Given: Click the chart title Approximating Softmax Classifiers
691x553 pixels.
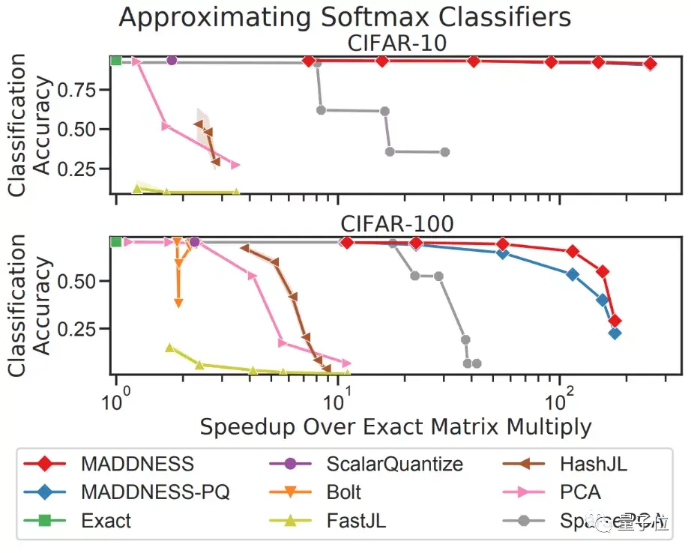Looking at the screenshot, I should pyautogui.click(x=345, y=16).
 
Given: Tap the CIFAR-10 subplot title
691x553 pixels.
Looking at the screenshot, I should pyautogui.click(x=397, y=43).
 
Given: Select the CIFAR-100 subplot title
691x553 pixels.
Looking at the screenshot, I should pyautogui.click(x=397, y=224).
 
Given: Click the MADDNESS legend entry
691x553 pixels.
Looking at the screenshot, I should pyautogui.click(x=137, y=464).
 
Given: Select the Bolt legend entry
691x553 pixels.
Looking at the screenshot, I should pyautogui.click(x=343, y=492).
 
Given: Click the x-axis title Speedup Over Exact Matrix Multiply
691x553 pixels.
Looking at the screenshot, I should pyautogui.click(x=396, y=427).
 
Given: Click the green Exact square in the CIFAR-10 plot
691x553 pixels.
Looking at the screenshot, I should pyautogui.click(x=116, y=61).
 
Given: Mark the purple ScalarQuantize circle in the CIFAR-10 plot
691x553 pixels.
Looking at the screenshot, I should pyautogui.click(x=172, y=61).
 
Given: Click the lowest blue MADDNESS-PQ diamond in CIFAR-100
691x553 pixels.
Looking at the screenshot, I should pyautogui.click(x=615, y=333).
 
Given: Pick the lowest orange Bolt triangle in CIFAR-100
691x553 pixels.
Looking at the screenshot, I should pyautogui.click(x=178, y=303).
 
